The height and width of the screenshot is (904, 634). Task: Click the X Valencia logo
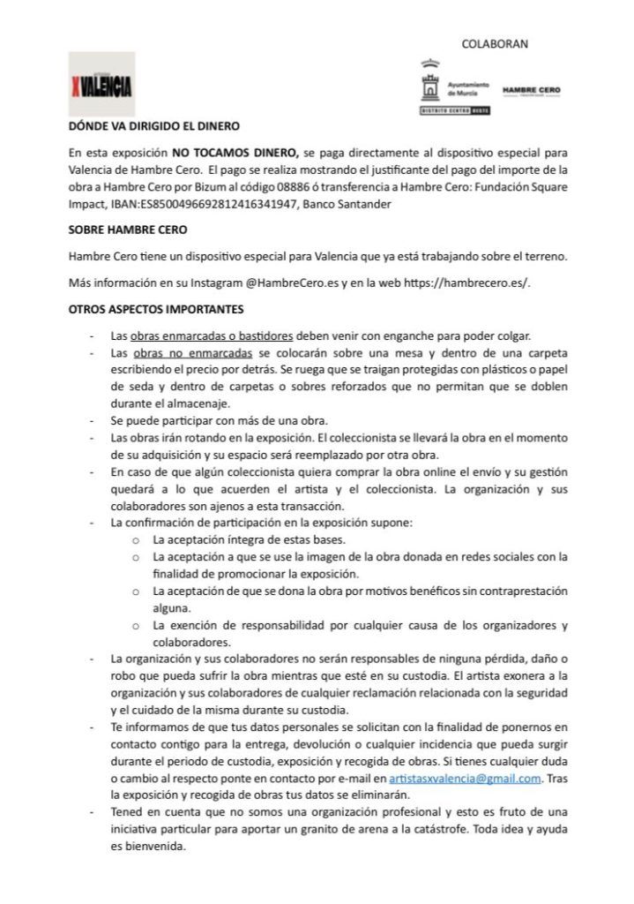pyautogui.click(x=101, y=85)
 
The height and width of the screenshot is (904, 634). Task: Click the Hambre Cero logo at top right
pyautogui.click(x=530, y=90)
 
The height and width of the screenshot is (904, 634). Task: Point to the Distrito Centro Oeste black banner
pyautogui.click(x=456, y=110)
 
